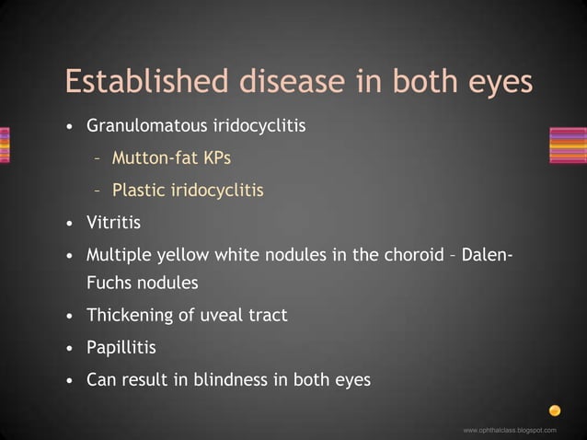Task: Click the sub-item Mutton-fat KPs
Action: pos(171,157)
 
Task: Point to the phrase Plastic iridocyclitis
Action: pos(188,191)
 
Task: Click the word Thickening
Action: pos(129,316)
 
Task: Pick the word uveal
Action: pos(222,316)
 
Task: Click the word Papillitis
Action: pos(121,348)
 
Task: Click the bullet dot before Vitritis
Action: pos(71,224)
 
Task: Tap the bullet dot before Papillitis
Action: pos(71,349)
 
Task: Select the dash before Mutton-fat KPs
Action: pos(97,158)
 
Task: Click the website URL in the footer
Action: pos(510,430)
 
